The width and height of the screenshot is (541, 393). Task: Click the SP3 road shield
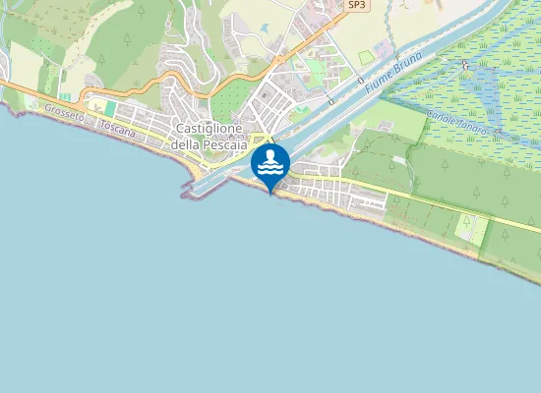click(357, 5)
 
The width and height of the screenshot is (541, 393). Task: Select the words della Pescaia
click(210, 144)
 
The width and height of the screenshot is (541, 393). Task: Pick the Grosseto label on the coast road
click(64, 115)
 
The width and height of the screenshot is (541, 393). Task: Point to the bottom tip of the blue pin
click(270, 194)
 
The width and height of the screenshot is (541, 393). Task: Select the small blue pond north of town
click(265, 28)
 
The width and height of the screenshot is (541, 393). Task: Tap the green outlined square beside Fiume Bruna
click(367, 58)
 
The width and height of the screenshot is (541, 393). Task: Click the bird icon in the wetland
click(465, 65)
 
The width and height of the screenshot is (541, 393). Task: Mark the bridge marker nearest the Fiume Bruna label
click(361, 79)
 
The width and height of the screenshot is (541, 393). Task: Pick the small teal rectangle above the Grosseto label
click(109, 106)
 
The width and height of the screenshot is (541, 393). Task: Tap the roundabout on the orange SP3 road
click(279, 59)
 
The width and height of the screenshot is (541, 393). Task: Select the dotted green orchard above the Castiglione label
click(232, 99)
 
